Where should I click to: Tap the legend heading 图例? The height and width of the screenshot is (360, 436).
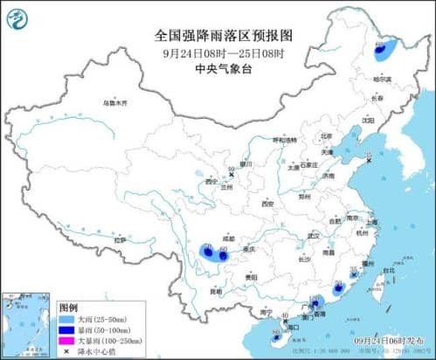click(x=68, y=308)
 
